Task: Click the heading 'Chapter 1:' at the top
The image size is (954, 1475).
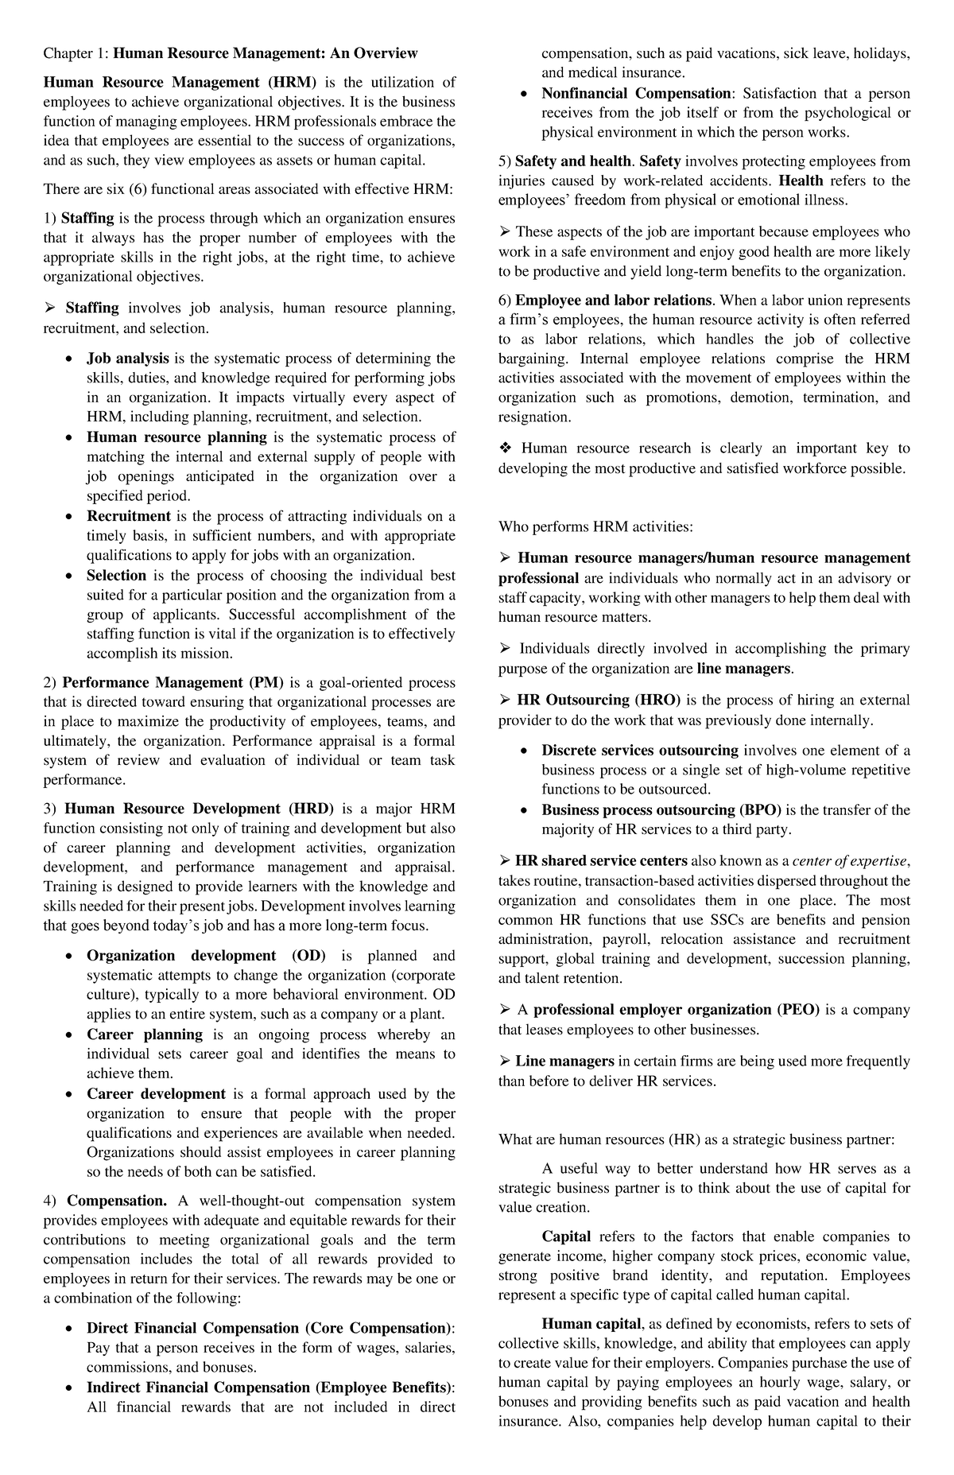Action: pos(76,53)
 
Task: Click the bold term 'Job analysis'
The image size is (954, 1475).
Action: pos(127,359)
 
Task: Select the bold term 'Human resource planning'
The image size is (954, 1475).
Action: pos(176,437)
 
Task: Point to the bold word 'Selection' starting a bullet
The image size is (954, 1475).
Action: pos(116,575)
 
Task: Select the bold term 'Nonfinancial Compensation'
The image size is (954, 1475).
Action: pos(636,93)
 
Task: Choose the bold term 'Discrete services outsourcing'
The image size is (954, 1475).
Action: pos(640,750)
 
